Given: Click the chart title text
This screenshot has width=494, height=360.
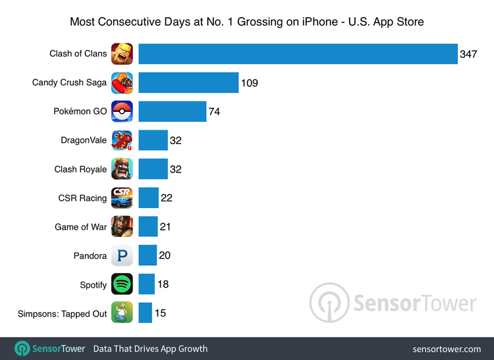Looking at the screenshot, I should [x=247, y=22].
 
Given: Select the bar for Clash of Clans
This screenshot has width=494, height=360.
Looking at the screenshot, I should [x=298, y=54].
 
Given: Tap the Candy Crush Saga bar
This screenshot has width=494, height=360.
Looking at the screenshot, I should [x=188, y=83].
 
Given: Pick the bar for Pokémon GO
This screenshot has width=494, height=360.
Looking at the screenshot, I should [x=173, y=112].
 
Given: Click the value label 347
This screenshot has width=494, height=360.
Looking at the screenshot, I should [x=468, y=54].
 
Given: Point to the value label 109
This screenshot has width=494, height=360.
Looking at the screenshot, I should [x=250, y=83].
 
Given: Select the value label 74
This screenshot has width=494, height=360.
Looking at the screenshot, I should [x=214, y=112].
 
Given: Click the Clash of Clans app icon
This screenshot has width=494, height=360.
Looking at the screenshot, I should [x=122, y=54].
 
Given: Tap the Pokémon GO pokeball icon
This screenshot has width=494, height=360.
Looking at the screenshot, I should [x=122, y=112].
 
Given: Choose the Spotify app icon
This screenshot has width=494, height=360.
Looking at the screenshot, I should [x=122, y=284].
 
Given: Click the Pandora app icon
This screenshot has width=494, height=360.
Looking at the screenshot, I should [x=122, y=255].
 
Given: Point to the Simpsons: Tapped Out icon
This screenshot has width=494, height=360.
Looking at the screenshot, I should [x=122, y=313].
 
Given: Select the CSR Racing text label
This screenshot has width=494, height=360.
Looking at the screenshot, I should [x=83, y=198].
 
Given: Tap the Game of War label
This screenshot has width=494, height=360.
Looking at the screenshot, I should [x=80, y=227].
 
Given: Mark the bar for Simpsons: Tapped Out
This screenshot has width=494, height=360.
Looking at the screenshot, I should [x=145, y=313].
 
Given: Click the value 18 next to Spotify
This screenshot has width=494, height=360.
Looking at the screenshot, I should [x=163, y=284].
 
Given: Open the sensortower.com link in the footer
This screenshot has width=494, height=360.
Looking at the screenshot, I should [x=447, y=349].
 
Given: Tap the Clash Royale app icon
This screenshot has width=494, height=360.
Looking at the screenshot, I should [x=122, y=169].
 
